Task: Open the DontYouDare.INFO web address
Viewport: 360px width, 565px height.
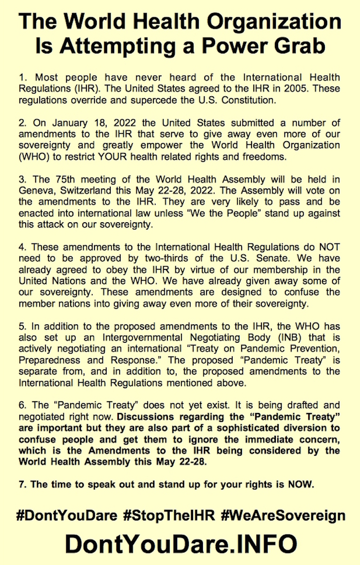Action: click(180, 544)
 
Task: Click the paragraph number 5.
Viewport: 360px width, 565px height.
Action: click(22, 326)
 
